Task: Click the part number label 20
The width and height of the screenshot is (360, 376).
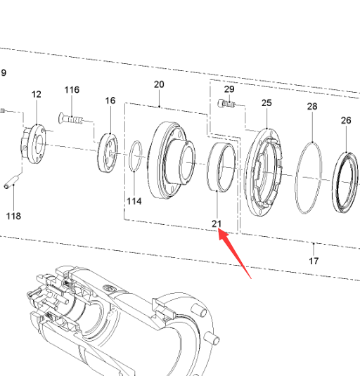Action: click(x=159, y=84)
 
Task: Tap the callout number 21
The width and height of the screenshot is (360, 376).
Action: click(x=217, y=223)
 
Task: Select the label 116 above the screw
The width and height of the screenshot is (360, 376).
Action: click(x=72, y=90)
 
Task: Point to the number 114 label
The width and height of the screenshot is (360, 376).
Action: click(x=134, y=201)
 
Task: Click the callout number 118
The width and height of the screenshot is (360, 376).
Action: click(x=13, y=216)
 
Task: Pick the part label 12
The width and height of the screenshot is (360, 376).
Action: click(x=37, y=94)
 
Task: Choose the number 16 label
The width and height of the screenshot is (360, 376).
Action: click(x=110, y=101)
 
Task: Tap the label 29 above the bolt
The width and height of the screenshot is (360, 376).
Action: click(x=229, y=89)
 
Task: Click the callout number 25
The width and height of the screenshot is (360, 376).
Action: click(x=266, y=103)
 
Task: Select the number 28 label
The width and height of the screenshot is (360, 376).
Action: click(x=312, y=106)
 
